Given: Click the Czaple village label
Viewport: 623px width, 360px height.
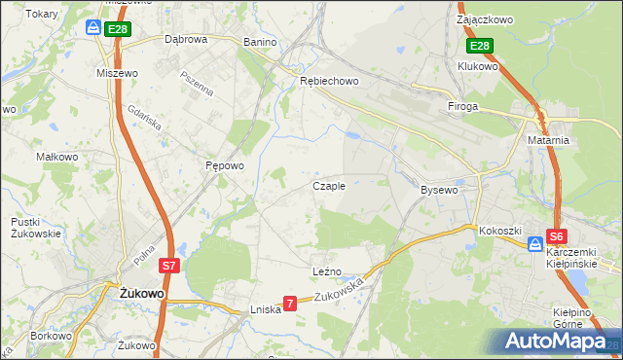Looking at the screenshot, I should coord(328,186).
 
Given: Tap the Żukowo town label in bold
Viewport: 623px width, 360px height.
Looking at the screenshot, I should coord(141,293).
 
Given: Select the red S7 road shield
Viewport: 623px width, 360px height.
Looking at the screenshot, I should coord(168,265).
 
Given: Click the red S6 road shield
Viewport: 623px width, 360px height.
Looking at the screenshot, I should coord(556,236).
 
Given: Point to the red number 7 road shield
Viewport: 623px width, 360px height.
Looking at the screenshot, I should coord(289,304).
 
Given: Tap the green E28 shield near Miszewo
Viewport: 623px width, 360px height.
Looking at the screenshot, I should coord(117,30).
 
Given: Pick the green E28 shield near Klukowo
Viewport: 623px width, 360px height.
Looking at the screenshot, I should coord(479,46).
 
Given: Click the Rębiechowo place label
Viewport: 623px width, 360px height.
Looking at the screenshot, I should coord(329,81).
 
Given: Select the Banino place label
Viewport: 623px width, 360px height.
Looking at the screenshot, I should coord(260,43).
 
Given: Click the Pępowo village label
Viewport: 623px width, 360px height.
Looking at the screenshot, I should coord(224,165).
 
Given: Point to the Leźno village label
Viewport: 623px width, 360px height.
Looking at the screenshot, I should coord(327,271).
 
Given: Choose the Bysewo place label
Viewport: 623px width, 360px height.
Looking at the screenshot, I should coord(439,190).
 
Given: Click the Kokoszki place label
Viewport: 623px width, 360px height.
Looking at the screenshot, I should coord(501,231).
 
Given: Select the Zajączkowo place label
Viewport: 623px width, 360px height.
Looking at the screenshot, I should coord(485,18).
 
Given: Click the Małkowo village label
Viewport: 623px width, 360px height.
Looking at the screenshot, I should coord(56,156).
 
